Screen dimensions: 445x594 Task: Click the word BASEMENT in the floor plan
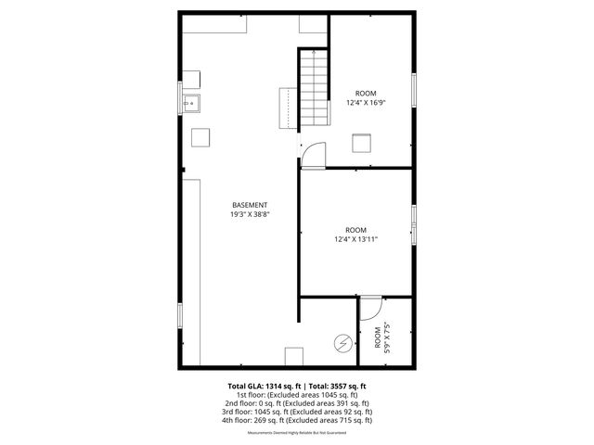(250, 205)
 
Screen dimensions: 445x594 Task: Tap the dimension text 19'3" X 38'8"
(250, 214)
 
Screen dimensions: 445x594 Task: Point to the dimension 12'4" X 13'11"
(355, 239)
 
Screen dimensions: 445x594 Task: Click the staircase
(314, 89)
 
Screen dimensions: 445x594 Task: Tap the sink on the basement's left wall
(192, 102)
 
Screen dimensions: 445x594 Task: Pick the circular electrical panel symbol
(342, 343)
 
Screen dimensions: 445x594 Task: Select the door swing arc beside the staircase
(313, 154)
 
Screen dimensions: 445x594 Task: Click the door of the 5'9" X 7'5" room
(369, 306)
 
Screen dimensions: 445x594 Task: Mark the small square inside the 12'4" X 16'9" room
(361, 143)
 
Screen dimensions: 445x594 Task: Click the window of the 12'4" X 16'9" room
(414, 89)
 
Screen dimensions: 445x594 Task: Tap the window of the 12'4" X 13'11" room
(414, 222)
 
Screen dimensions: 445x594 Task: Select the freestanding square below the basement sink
(200, 137)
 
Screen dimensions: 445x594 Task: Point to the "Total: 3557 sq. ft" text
(337, 385)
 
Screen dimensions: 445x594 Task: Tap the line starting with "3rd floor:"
(297, 412)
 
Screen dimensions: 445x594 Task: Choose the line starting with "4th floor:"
(297, 420)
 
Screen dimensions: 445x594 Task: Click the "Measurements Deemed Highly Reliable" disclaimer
(297, 433)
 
